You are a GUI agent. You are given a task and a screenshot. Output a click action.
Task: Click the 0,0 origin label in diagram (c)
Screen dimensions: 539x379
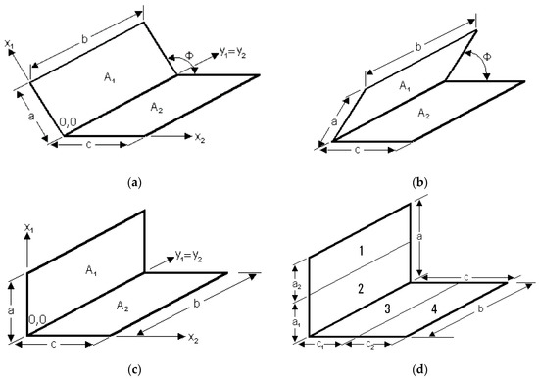[x=39, y=319]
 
